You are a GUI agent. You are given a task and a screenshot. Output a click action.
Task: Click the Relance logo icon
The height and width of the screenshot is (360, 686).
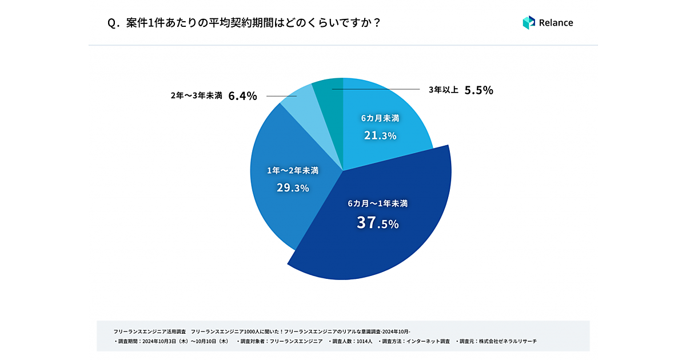coord(528,23)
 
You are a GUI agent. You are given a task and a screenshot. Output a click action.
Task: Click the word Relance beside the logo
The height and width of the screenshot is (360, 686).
coord(556,23)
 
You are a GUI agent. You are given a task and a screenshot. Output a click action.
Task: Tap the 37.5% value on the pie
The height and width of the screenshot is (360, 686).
coord(377,223)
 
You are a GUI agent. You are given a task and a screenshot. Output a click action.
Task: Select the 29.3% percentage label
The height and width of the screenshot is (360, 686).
coord(292,187)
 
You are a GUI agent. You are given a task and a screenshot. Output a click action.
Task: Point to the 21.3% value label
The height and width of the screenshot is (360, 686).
coord(380,135)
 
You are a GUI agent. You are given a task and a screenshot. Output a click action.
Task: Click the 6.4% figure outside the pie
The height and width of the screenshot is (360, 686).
coord(242,96)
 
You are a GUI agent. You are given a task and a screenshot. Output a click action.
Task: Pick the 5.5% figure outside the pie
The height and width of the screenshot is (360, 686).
coord(478,90)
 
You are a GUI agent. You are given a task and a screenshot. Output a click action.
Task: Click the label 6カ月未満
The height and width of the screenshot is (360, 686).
coord(380,118)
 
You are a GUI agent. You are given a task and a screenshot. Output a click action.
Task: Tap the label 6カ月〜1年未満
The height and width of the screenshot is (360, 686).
coord(377,203)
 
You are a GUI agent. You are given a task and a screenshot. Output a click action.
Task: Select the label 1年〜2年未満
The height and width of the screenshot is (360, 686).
coord(292,170)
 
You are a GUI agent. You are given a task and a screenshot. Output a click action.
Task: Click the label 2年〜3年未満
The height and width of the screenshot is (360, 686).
coord(196,96)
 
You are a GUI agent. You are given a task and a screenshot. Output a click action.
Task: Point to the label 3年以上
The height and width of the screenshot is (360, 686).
coord(444,90)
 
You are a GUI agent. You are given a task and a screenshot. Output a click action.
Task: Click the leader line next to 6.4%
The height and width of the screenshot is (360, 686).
coord(277,96)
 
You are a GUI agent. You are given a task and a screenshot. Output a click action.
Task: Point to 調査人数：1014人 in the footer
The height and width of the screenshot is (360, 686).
coord(350,341)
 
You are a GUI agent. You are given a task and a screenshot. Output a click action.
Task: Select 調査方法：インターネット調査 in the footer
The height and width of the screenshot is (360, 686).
coord(416,341)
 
